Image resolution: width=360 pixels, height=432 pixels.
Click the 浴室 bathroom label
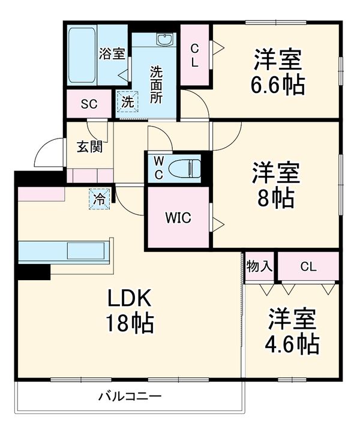point(112,54)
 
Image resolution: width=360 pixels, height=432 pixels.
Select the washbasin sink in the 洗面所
point(165,39)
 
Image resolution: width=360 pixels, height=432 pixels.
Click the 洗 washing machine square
point(128,102)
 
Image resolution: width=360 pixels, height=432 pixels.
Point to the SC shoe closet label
point(89,104)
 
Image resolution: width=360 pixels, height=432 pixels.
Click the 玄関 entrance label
point(89,146)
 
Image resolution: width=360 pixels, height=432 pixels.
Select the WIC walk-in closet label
point(178,218)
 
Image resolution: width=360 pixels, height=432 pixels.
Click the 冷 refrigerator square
point(99,199)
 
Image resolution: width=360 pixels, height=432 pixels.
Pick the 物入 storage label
point(259,266)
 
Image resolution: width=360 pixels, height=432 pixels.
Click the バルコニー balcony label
point(130,397)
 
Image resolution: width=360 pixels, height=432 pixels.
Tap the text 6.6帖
point(278,84)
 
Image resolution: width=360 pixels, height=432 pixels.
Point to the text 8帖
point(276,197)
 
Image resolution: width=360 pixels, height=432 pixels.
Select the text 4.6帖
point(292,344)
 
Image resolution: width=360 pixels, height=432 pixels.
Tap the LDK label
point(130,298)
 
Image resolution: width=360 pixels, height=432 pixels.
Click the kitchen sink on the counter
point(86,250)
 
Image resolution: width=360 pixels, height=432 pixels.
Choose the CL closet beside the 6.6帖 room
point(195,55)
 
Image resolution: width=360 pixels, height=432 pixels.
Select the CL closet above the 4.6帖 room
point(308,266)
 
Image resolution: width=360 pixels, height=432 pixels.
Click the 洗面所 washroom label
point(156,85)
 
